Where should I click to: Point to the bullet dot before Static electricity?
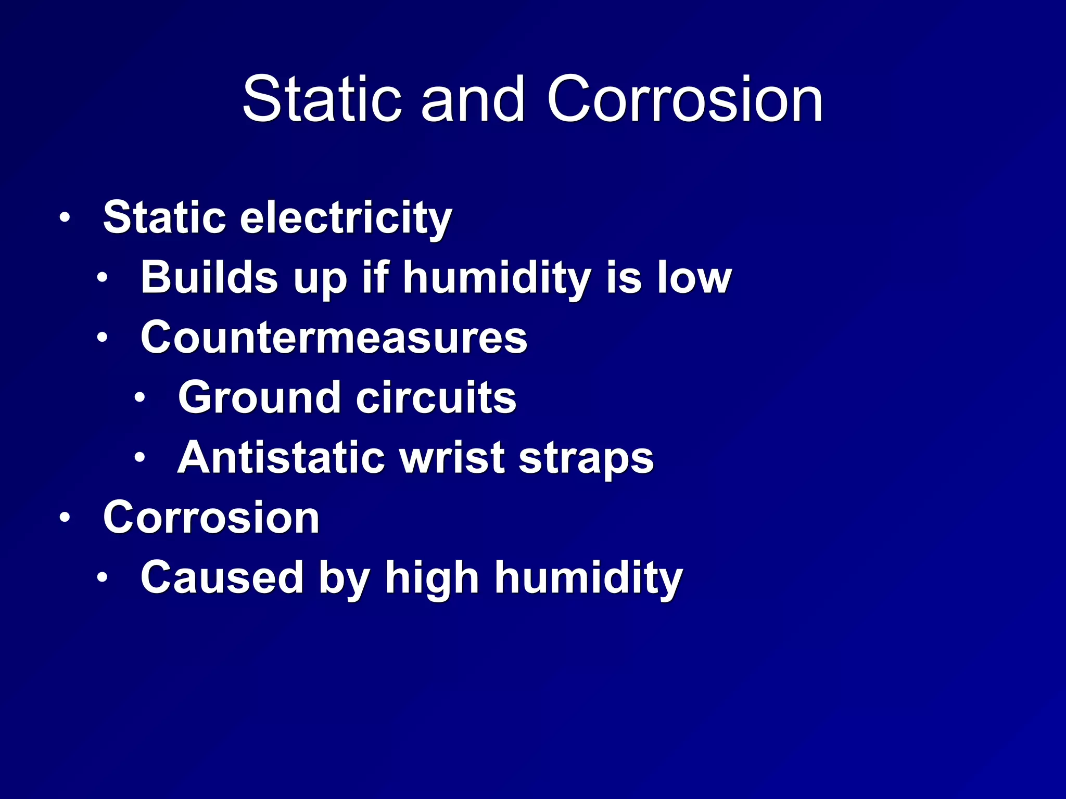65,217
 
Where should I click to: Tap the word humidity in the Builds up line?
497,278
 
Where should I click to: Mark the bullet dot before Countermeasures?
102,338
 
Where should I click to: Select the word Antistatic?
281,458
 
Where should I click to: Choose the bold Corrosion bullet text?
211,518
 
